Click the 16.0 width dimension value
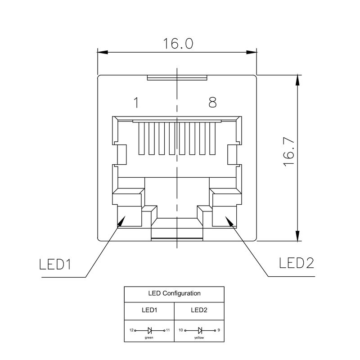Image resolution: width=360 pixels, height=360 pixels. (178, 44)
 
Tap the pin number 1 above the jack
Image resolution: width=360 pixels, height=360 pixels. (135, 103)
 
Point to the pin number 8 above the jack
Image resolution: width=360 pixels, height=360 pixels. (212, 103)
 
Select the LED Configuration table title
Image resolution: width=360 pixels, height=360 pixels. (174, 293)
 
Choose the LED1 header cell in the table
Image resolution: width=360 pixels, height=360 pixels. (149, 310)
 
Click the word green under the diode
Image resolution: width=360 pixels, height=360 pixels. (148, 337)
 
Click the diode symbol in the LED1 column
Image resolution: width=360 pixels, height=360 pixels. (149, 330)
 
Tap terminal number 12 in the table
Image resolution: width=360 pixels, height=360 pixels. (131, 330)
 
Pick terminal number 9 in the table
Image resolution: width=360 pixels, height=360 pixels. (218, 330)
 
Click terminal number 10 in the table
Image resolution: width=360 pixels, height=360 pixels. (181, 330)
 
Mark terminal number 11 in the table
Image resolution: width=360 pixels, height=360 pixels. (168, 330)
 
